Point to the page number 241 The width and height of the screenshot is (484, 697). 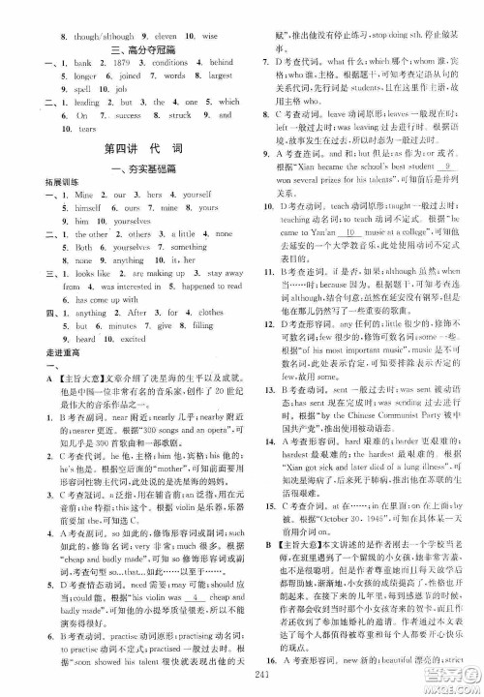click(242, 678)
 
